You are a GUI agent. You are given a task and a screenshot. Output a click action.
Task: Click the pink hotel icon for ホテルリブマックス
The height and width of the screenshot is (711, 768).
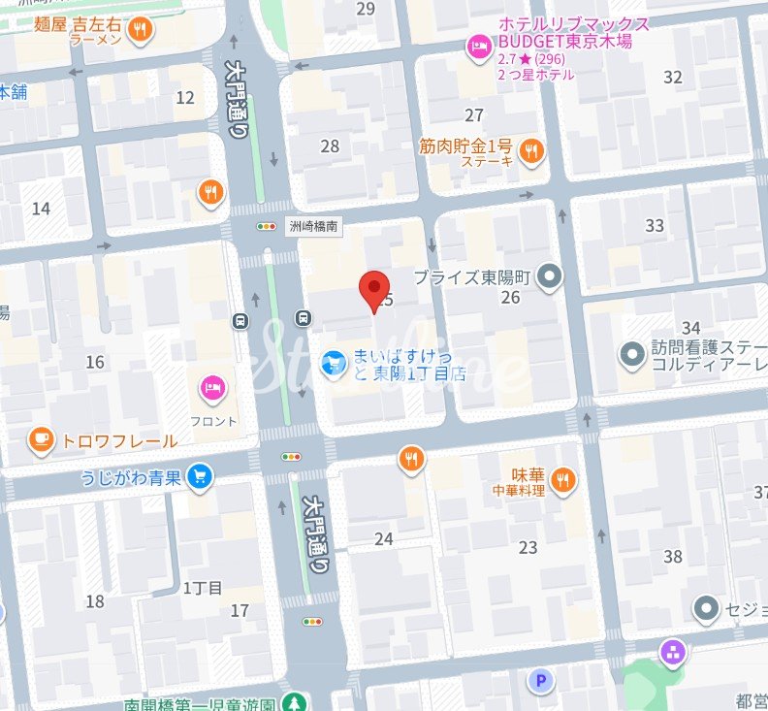coord(479,45)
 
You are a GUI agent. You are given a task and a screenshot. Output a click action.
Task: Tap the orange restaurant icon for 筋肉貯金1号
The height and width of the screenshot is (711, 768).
coord(531,151)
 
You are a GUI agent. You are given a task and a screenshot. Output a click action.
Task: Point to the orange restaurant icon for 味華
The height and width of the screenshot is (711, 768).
coord(565,477)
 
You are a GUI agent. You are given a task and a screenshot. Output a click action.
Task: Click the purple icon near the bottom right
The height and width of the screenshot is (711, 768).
coord(671,653)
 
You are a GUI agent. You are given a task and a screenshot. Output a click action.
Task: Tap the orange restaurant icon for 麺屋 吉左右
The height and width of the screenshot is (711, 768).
coord(142,31)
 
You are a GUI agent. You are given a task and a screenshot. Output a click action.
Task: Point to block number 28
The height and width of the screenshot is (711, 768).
coord(330,145)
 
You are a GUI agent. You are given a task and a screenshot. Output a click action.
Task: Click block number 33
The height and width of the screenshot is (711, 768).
coord(655,226)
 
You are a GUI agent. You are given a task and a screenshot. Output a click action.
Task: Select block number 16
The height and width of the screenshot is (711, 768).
coord(95,362)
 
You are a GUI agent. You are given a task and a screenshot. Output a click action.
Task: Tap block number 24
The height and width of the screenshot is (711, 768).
coord(384,538)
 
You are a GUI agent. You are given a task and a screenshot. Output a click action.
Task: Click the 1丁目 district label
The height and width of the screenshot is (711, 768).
coord(203,588)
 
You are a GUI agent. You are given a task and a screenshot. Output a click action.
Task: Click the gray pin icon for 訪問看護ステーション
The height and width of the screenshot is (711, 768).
coord(633,355)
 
